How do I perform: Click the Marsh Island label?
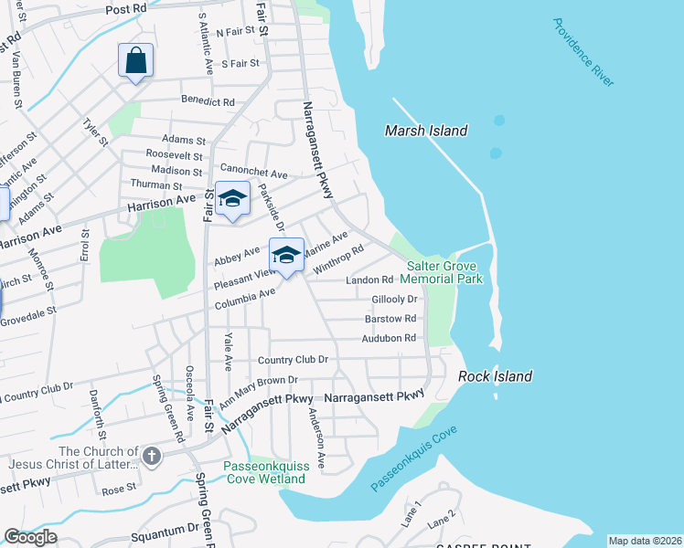point(426,131)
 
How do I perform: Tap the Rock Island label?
point(495,376)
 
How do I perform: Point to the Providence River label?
point(582,52)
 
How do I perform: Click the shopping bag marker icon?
point(135,61)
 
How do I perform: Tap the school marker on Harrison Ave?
point(232,200)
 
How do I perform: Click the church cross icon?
point(150,455)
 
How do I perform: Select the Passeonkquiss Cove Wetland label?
point(267,472)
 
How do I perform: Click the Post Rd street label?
point(126,8)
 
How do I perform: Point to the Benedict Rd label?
point(208,100)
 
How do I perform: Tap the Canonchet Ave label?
point(254,173)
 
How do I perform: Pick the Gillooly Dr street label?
point(394,299)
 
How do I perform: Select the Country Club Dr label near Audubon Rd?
point(293,360)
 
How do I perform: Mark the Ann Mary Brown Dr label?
point(259,379)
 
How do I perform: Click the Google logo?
point(30,538)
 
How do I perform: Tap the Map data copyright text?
point(645,541)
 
